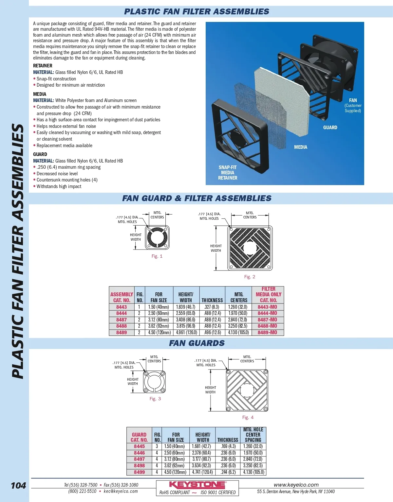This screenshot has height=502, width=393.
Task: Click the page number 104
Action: (x=18, y=485)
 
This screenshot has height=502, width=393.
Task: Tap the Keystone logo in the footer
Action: (x=197, y=485)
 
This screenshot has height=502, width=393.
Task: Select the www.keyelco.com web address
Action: (x=296, y=485)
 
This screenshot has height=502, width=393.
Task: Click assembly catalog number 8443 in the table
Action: (x=122, y=307)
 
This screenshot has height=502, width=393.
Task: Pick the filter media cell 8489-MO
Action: (x=267, y=333)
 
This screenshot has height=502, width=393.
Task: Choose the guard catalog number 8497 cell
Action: (x=139, y=459)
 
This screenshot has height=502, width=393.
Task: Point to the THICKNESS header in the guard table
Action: (x=228, y=440)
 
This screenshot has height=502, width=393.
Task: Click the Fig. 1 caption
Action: (x=157, y=256)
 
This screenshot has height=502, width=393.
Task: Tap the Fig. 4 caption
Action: (x=248, y=417)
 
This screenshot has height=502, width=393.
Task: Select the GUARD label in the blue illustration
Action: (x=330, y=128)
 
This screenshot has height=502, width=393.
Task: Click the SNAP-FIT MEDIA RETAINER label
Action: (x=228, y=173)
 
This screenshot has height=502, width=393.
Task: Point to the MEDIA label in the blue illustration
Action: (x=300, y=147)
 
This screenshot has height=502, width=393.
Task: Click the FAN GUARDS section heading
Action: (x=197, y=343)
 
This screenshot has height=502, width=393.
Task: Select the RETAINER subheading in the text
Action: (x=43, y=66)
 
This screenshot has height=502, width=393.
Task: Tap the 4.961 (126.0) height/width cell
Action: (x=186, y=333)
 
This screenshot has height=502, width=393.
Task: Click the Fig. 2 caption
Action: (x=250, y=277)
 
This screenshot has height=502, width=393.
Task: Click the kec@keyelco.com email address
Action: (x=121, y=491)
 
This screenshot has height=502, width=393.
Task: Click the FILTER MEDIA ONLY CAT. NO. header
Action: (x=268, y=294)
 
